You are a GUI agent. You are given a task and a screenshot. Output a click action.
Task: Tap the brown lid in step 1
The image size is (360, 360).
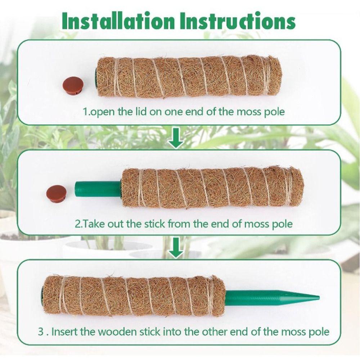pos(73,86)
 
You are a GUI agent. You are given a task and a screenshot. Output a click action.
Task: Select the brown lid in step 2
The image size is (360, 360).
pos(57,194)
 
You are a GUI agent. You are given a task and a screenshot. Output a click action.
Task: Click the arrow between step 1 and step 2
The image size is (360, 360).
pos(176,138)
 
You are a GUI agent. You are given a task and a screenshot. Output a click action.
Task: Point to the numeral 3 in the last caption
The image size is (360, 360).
pos(41,332)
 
